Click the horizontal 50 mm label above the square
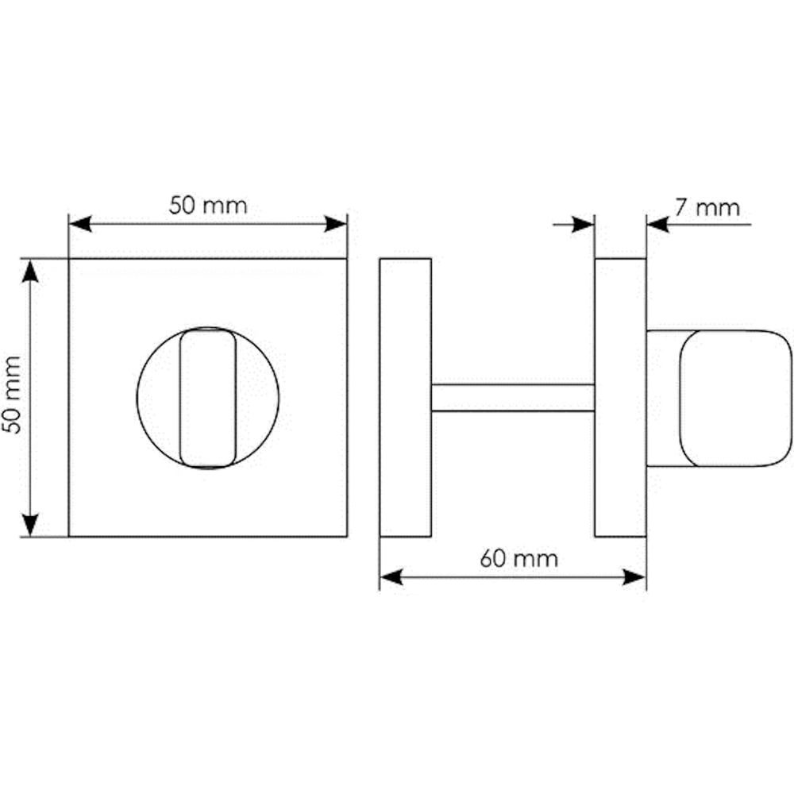[x=208, y=206]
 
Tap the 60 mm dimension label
[x=519, y=558]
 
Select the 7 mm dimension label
[x=707, y=207]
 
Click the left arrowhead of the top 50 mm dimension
[x=80, y=224]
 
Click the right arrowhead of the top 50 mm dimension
[x=336, y=224]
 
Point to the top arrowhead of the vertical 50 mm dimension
[x=30, y=271]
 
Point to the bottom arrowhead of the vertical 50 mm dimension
[x=30, y=525]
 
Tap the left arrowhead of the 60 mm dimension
[x=391, y=576]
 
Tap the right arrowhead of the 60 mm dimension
[x=634, y=576]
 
